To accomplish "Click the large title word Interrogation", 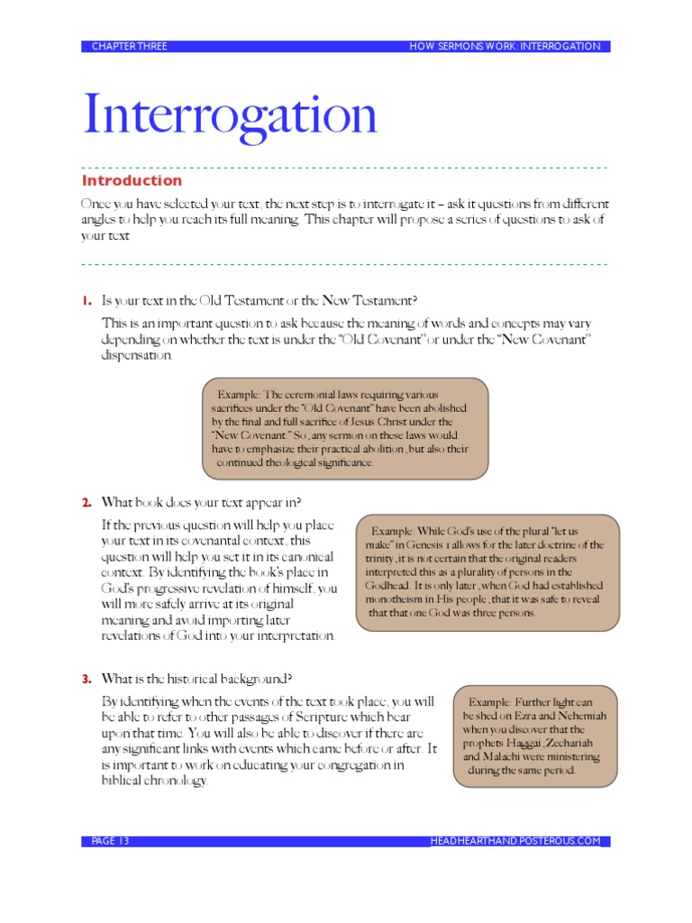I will pyautogui.click(x=230, y=114).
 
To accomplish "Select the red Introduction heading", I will pyautogui.click(x=132, y=180).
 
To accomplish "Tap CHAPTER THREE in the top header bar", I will pyautogui.click(x=129, y=46).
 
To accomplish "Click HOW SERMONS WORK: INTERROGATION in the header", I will pyautogui.click(x=505, y=46).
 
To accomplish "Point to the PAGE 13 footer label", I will pyautogui.click(x=111, y=841).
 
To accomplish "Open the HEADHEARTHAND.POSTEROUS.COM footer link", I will pyautogui.click(x=515, y=841).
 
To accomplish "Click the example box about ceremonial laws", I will pyautogui.click(x=345, y=428).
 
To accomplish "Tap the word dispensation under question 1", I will pyautogui.click(x=136, y=355).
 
